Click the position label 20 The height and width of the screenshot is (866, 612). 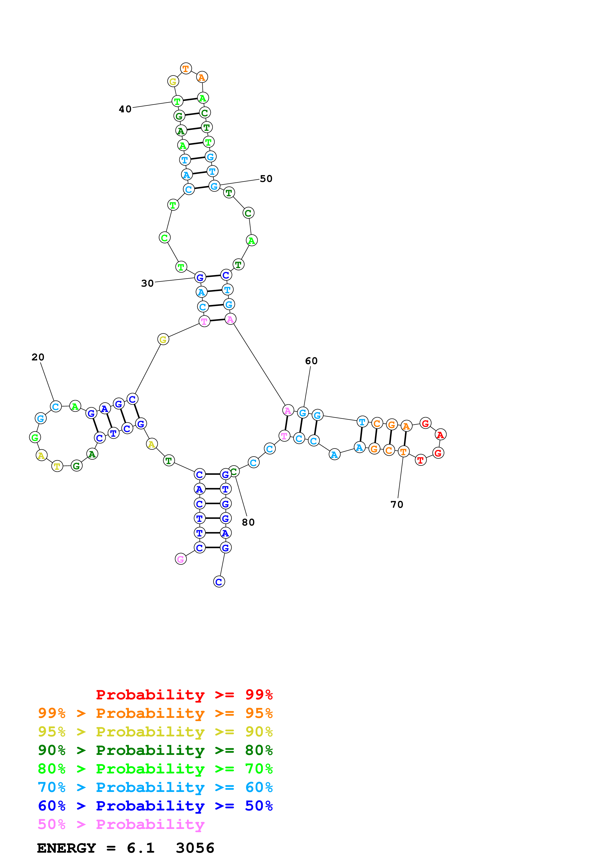38,357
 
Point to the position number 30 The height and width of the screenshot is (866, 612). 147,283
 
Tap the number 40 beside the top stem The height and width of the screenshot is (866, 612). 125,109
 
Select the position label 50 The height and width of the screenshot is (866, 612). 266,178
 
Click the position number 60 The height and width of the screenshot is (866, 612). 311,361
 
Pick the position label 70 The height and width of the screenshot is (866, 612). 397,504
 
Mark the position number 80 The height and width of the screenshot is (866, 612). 248,522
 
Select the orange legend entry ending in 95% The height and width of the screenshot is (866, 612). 155,713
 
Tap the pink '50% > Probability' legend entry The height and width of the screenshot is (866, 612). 121,824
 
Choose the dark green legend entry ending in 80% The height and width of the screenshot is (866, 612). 155,750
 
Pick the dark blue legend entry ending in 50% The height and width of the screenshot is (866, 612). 155,806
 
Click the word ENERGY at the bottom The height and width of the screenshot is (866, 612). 66,848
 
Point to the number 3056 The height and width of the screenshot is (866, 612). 195,848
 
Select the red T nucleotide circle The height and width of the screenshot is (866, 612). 420,460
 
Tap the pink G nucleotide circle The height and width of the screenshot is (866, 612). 181,559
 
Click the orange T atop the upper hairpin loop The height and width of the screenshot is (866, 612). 185,69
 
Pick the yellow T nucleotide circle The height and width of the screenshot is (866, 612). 57,466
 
